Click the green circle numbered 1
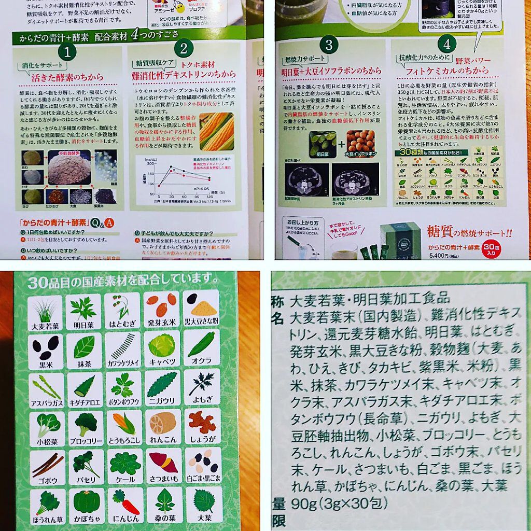(67, 51)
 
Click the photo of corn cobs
(217, 131)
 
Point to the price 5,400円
(440, 255)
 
